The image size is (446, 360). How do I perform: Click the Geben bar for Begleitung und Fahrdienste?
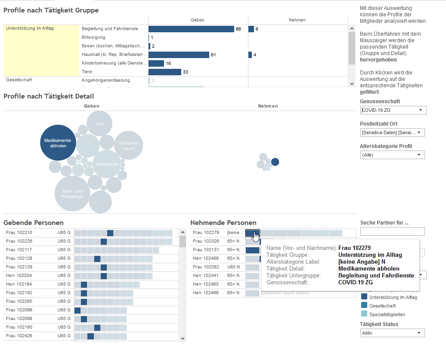[191, 29]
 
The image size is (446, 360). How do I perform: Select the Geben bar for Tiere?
[165, 72]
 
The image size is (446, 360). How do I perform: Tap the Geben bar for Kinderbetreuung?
[156, 63]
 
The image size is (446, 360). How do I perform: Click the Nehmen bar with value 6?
[251, 29]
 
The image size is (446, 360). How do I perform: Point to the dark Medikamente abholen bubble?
[58, 143]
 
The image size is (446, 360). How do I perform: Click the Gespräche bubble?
[107, 164]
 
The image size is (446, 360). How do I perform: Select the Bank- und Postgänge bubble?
[72, 194]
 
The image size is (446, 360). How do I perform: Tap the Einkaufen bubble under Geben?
[129, 145]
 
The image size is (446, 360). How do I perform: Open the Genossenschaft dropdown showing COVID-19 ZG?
[393, 110]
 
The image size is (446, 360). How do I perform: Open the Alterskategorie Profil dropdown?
[392, 155]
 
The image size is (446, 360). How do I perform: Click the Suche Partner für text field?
[392, 231]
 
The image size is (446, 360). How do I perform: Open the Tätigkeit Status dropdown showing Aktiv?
[392, 333]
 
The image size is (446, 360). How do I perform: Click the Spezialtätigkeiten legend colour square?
[364, 314]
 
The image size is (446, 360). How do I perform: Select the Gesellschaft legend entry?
[382, 305]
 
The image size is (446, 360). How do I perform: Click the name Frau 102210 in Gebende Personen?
[19, 233]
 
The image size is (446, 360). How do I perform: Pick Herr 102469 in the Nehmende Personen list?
[206, 258]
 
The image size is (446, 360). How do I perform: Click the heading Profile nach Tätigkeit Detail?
[49, 96]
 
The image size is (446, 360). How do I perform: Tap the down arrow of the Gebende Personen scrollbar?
[183, 338]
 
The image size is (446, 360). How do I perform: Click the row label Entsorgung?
[93, 37]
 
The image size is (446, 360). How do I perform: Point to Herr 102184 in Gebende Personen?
[19, 284]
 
